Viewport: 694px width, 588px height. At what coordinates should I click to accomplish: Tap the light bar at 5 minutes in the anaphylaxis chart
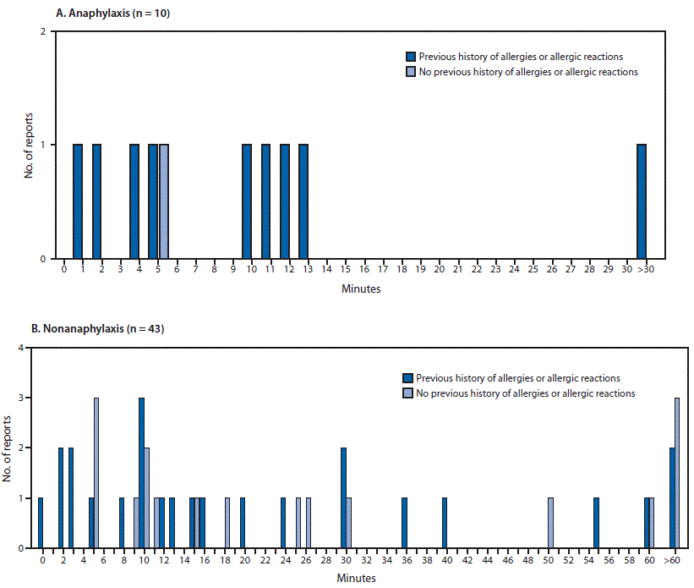pyautogui.click(x=164, y=201)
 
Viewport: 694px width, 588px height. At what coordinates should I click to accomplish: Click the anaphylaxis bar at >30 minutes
pyautogui.click(x=642, y=201)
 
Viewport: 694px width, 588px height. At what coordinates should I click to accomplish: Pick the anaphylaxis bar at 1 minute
pyautogui.click(x=78, y=201)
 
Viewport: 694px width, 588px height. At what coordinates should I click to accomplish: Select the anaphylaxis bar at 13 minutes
pyautogui.click(x=303, y=201)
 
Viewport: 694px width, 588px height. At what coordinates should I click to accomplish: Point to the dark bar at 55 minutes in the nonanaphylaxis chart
pyautogui.click(x=596, y=522)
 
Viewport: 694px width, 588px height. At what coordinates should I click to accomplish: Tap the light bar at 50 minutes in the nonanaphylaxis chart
pyautogui.click(x=550, y=522)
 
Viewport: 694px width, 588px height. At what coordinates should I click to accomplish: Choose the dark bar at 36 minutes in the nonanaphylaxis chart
pyautogui.click(x=404, y=522)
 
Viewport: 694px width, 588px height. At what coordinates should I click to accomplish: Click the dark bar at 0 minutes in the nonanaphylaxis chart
pyautogui.click(x=40, y=522)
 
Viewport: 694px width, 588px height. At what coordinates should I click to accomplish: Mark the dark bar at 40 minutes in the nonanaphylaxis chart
pyautogui.click(x=445, y=522)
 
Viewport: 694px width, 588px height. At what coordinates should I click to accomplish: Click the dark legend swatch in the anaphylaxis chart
pyautogui.click(x=411, y=57)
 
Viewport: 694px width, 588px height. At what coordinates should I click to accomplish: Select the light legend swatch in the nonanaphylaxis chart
pyautogui.click(x=407, y=393)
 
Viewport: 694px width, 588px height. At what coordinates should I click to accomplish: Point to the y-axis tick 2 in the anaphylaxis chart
pyautogui.click(x=43, y=32)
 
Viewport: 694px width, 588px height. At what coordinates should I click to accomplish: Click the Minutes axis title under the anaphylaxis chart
pyautogui.click(x=361, y=289)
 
